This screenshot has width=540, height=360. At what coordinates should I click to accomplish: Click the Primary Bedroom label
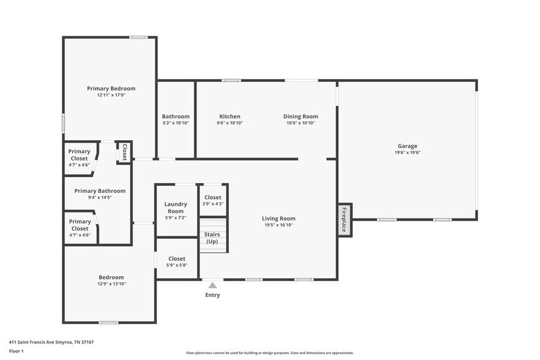(x=111, y=89)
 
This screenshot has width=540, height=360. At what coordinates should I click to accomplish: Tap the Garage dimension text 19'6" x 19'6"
(x=407, y=153)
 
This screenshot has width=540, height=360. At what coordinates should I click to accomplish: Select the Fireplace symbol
(x=344, y=219)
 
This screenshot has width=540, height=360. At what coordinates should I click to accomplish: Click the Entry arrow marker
(x=212, y=285)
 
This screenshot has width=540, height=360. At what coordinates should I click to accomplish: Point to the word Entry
(x=212, y=295)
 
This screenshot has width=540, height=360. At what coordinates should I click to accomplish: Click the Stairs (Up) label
(x=212, y=238)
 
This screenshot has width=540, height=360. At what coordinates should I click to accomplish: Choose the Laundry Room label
(x=175, y=208)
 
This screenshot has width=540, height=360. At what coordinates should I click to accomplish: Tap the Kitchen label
(x=230, y=116)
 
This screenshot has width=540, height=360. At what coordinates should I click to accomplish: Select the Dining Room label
(x=301, y=116)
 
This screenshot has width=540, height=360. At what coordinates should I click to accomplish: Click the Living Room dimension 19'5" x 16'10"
(x=279, y=225)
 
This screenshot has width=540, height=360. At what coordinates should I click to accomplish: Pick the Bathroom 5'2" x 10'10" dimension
(x=176, y=123)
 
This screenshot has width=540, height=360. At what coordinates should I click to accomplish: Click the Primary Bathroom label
(x=100, y=190)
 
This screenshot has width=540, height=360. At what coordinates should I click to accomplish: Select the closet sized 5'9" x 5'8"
(x=176, y=262)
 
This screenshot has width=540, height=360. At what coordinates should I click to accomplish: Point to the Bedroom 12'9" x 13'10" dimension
(x=111, y=284)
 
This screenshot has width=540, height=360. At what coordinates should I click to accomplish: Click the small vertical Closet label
(x=124, y=152)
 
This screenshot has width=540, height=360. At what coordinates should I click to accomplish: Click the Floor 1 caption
(x=16, y=351)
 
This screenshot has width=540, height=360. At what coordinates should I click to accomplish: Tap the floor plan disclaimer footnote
(x=269, y=353)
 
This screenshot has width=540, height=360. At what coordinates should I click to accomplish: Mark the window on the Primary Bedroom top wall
(x=138, y=37)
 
